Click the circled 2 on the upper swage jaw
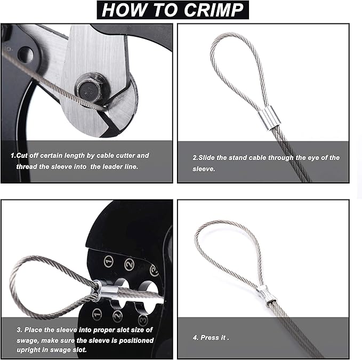[129, 263]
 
